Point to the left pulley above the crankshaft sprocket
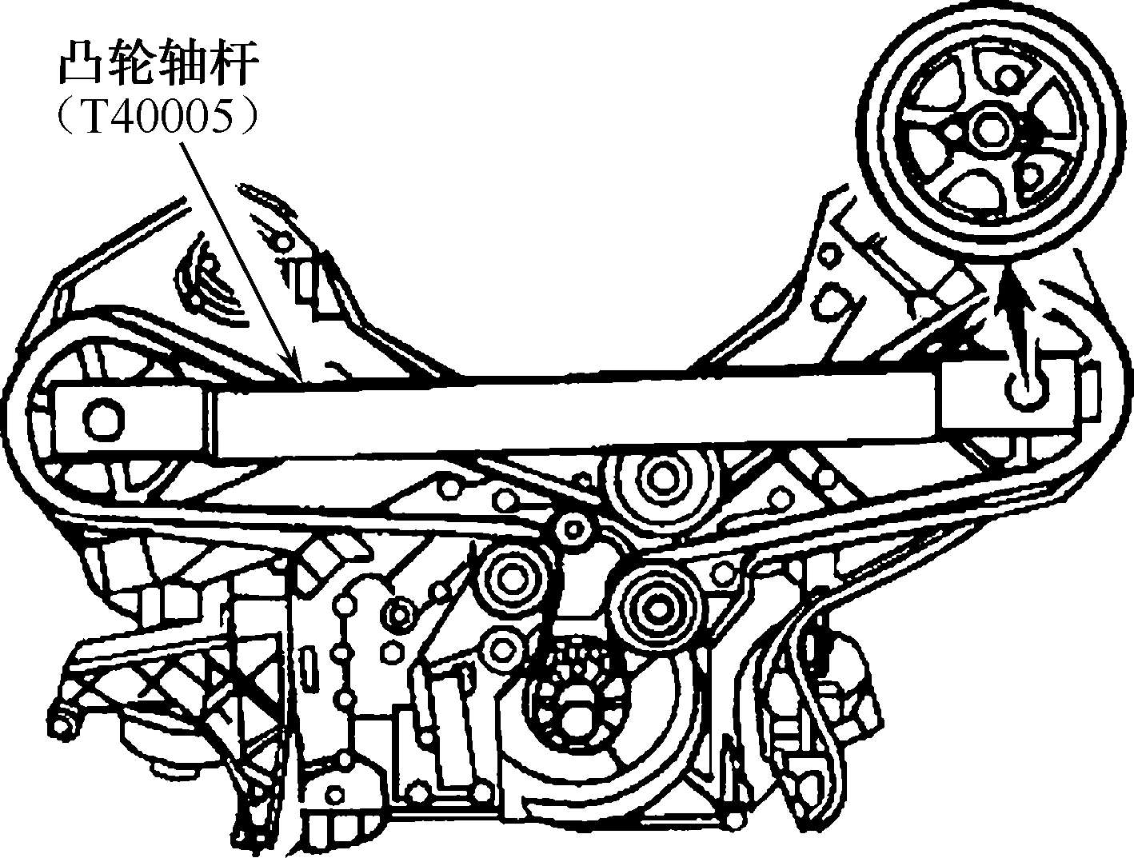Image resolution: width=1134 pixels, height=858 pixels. tap(509, 577)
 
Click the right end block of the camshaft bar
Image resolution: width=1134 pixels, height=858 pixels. tap(999, 402)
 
